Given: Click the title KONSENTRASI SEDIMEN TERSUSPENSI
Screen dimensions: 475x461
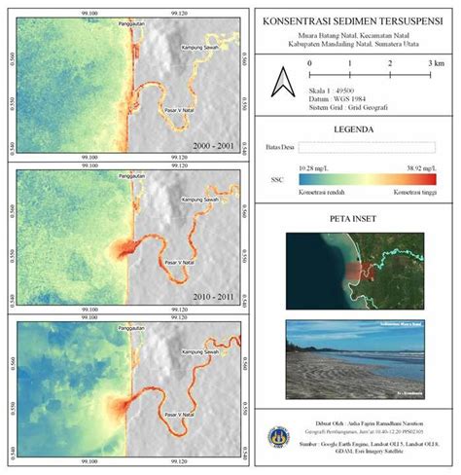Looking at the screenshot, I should [x=353, y=20].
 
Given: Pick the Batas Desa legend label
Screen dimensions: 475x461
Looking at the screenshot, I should [x=278, y=147].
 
